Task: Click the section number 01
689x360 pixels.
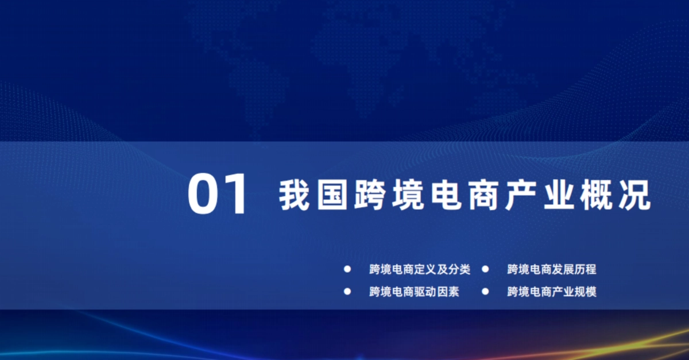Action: point(219,195)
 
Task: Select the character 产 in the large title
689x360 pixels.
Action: point(520,196)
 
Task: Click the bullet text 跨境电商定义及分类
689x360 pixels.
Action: point(419,269)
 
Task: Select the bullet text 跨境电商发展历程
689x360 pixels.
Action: point(552,269)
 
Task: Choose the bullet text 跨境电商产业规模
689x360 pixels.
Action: point(552,292)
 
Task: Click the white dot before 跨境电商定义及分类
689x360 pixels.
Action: point(347,269)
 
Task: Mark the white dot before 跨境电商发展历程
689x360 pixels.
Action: point(485,269)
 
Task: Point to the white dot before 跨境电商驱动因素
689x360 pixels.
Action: point(347,291)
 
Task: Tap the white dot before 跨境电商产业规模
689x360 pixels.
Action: point(485,291)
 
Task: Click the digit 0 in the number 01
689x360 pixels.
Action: point(205,195)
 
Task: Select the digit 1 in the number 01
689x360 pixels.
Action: point(238,195)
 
